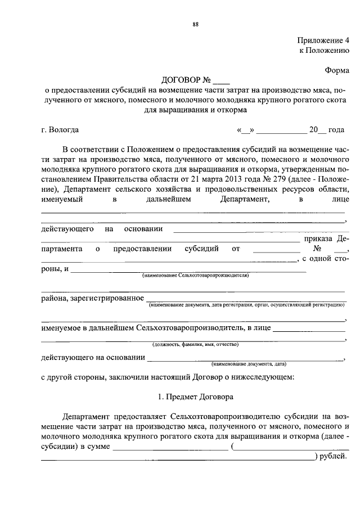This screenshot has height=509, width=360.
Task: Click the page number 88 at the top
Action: click(x=195, y=24)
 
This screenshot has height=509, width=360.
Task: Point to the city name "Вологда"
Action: click(x=64, y=130)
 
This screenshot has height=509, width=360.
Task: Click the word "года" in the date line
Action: click(x=336, y=130)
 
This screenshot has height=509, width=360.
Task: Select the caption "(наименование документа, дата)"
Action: click(x=245, y=364)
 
